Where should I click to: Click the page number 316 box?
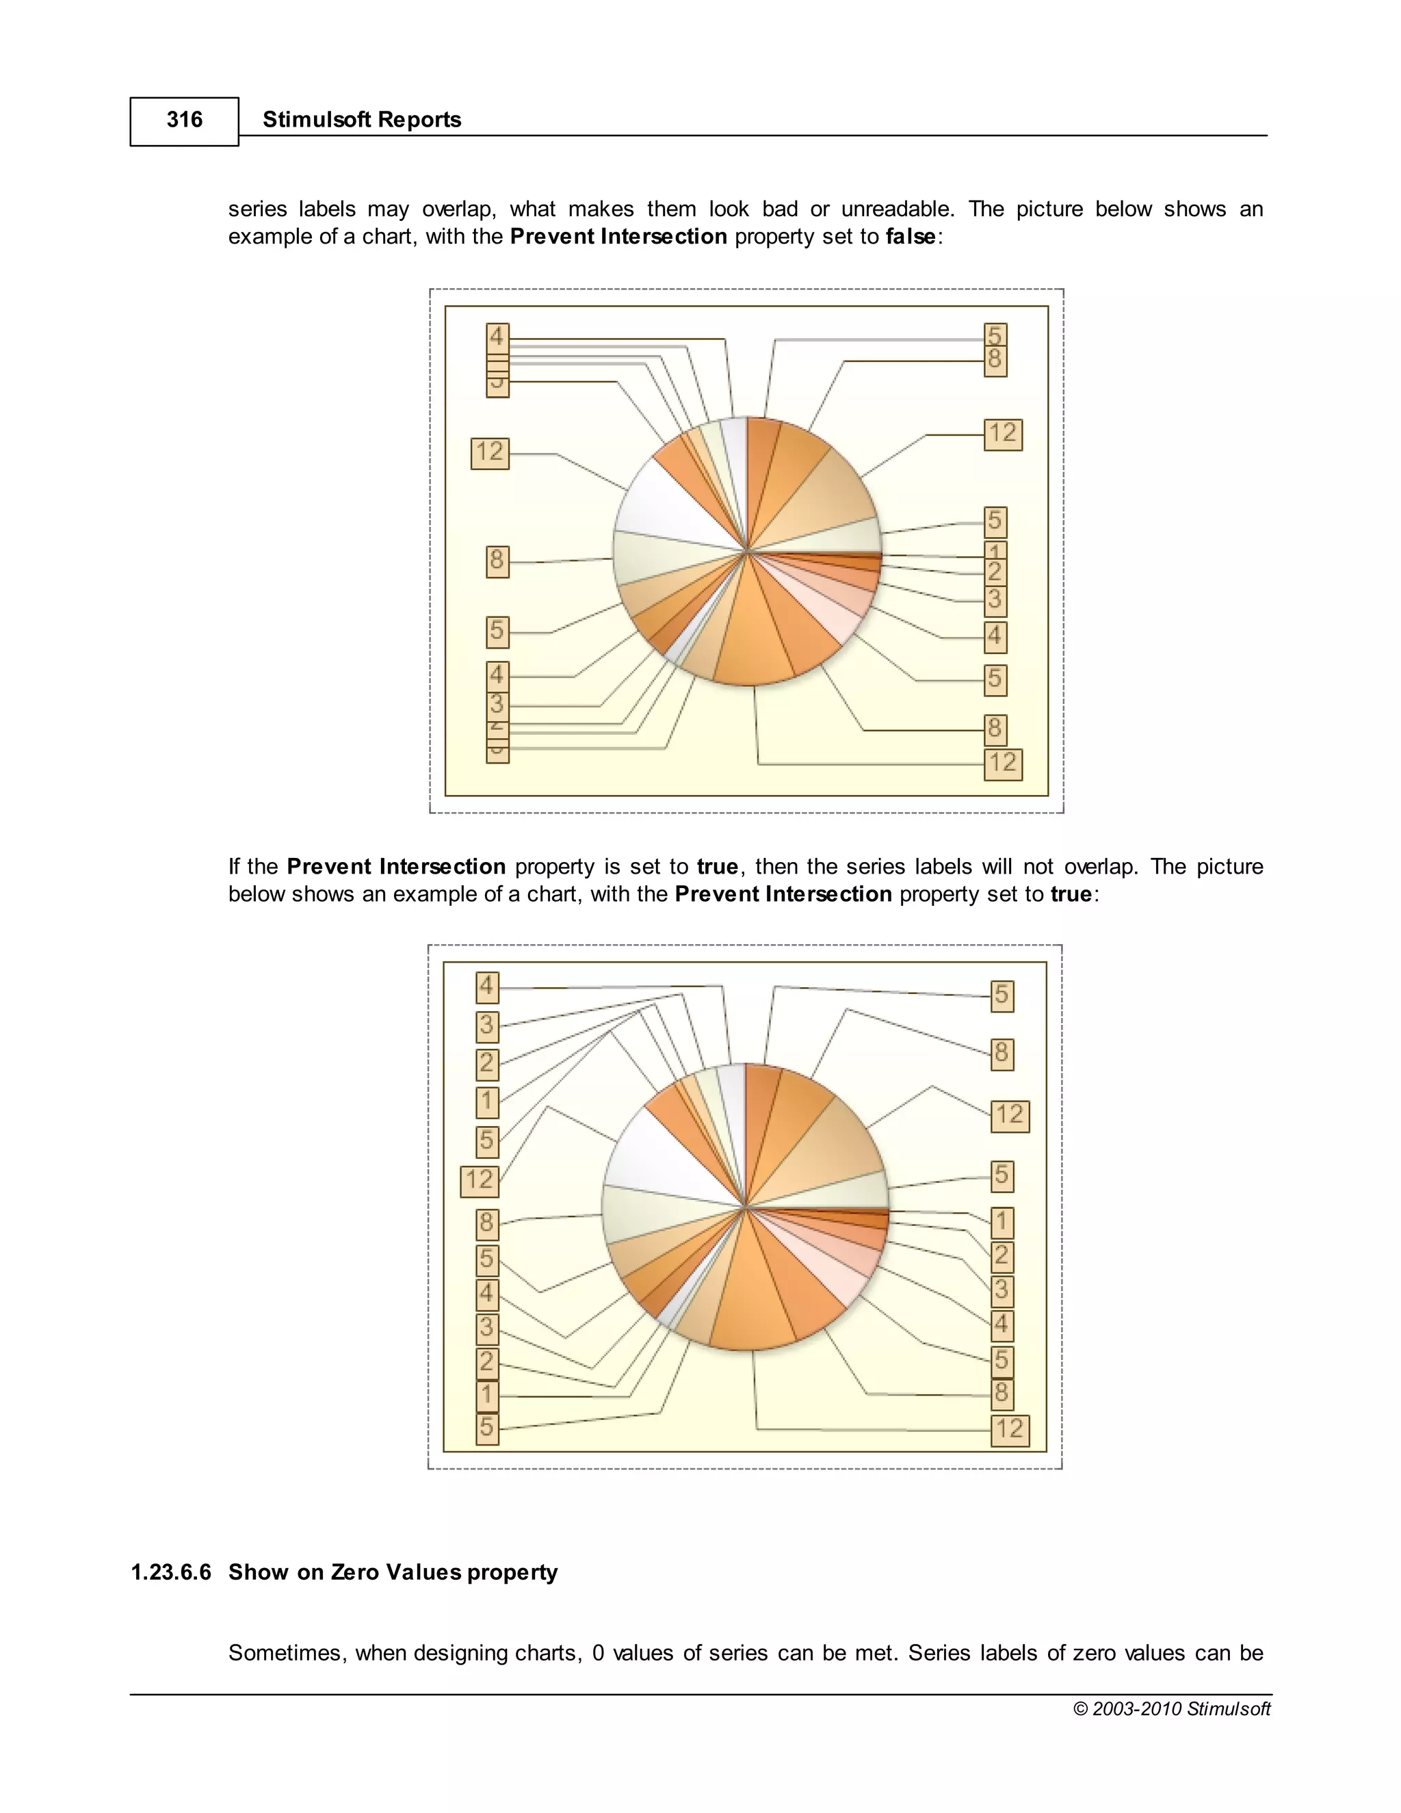click(184, 121)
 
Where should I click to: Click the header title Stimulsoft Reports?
click(361, 120)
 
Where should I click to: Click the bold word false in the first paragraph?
click(911, 237)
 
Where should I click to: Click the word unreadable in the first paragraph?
click(896, 209)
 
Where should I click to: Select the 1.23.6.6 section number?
click(171, 1572)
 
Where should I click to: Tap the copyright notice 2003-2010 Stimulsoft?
click(1171, 1708)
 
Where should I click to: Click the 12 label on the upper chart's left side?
click(490, 452)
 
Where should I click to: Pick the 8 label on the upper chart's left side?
click(497, 561)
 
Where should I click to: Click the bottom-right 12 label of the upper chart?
click(1003, 764)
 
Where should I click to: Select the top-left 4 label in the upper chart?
click(497, 337)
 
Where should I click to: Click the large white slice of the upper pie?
click(664, 506)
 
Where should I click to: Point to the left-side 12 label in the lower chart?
click(480, 1180)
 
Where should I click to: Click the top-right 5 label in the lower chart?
click(1001, 995)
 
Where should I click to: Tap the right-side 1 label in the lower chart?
click(1001, 1222)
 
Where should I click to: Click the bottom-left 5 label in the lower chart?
click(487, 1428)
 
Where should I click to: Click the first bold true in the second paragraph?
click(717, 868)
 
